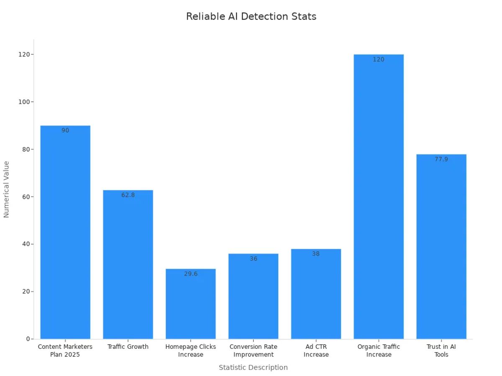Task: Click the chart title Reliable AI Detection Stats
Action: click(251, 17)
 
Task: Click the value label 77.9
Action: click(441, 159)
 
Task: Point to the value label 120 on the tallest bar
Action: click(378, 59)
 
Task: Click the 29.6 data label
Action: click(190, 274)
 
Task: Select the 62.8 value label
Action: click(128, 195)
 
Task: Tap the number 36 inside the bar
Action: click(254, 259)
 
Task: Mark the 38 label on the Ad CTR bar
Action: click(316, 254)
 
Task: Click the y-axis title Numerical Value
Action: click(6, 189)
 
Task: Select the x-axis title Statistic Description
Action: click(253, 367)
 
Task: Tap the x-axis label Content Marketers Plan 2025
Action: click(65, 351)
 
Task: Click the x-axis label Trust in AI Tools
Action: click(441, 351)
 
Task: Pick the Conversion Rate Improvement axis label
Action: click(253, 351)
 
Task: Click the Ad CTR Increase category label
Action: click(316, 351)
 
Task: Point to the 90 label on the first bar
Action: click(65, 130)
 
